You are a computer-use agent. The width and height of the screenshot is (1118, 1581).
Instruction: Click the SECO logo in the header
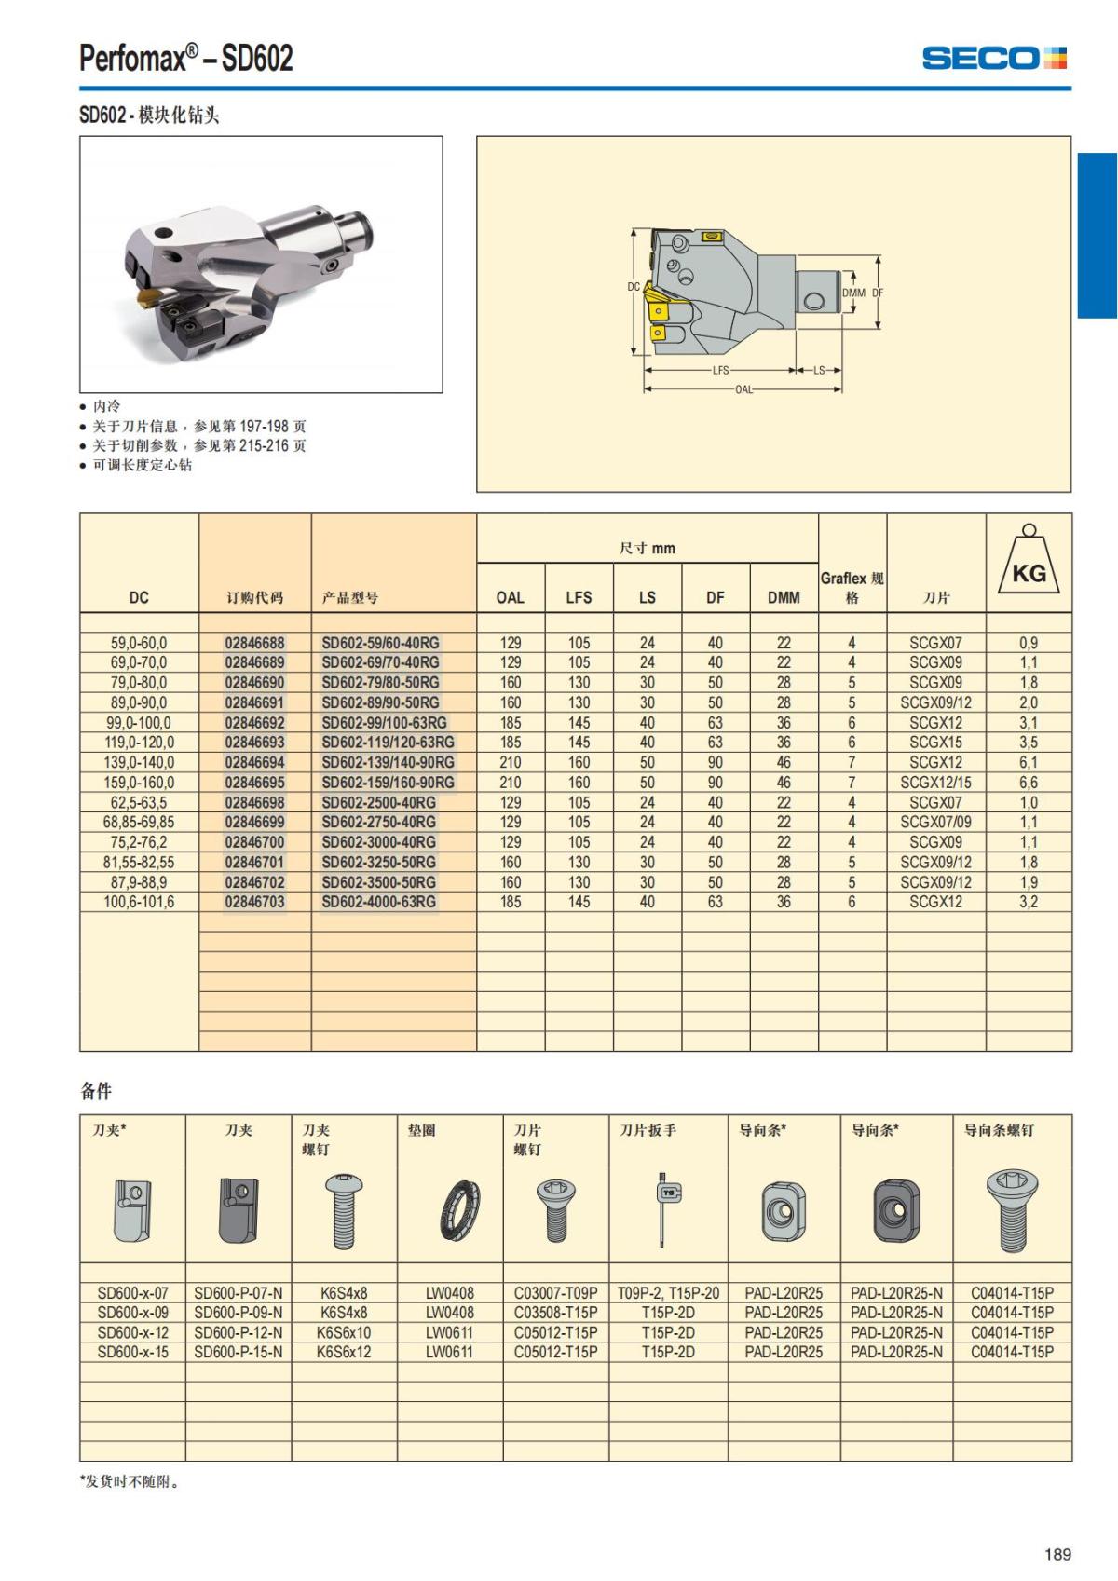[x=993, y=59]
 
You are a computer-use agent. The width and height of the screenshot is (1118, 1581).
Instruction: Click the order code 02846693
[x=254, y=743]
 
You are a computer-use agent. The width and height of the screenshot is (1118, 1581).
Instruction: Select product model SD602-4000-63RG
[x=378, y=902]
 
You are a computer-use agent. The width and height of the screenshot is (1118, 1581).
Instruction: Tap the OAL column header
[x=510, y=597]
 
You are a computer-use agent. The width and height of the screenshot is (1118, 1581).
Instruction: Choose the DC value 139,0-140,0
[x=139, y=762]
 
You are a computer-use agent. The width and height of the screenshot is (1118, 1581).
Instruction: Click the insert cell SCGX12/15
[x=935, y=783]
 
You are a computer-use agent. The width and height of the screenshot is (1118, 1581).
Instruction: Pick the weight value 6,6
[x=1028, y=783]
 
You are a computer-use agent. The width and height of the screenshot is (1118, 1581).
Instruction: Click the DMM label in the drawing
[x=853, y=293]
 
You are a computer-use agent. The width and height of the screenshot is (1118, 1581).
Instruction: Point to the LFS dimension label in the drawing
[x=720, y=370]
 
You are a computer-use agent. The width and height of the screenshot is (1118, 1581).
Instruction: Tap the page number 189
[x=1057, y=1554]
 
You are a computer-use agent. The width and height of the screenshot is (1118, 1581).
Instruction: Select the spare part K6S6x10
[x=344, y=1332]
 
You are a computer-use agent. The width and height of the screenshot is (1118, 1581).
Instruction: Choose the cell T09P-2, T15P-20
[x=668, y=1293]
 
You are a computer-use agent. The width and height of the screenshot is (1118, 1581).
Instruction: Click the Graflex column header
[x=852, y=587]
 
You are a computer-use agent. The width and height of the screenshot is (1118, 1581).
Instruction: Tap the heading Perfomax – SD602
[x=186, y=59]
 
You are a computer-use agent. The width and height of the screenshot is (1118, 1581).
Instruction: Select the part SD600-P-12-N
[x=239, y=1332]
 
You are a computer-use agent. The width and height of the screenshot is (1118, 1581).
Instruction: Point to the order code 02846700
[x=254, y=842]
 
